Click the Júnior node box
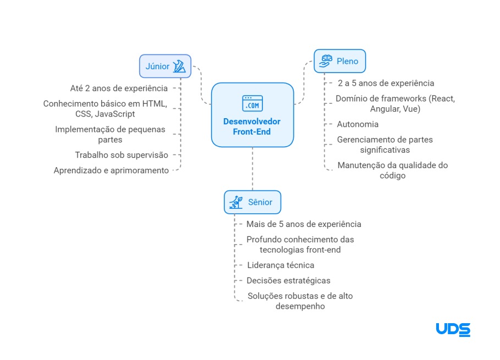click(x=165, y=67)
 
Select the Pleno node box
click(x=340, y=61)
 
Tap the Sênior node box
click(x=252, y=202)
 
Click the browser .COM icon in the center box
click(x=252, y=103)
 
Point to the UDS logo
click(x=453, y=329)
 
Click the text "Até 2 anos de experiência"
click(x=119, y=88)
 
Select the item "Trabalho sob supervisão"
click(x=122, y=155)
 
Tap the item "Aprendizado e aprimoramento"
click(x=111, y=170)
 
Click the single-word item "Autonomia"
click(x=358, y=124)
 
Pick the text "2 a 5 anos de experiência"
click(x=386, y=83)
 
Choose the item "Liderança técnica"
click(x=281, y=265)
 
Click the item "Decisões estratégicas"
click(x=288, y=280)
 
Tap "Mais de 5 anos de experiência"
click(x=304, y=224)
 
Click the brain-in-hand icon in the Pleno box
click(x=327, y=61)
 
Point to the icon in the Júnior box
click(x=179, y=67)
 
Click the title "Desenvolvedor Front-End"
click(x=252, y=126)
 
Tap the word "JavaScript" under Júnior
click(x=114, y=114)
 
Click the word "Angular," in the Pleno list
click(x=385, y=109)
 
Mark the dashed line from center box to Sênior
click(x=252, y=168)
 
